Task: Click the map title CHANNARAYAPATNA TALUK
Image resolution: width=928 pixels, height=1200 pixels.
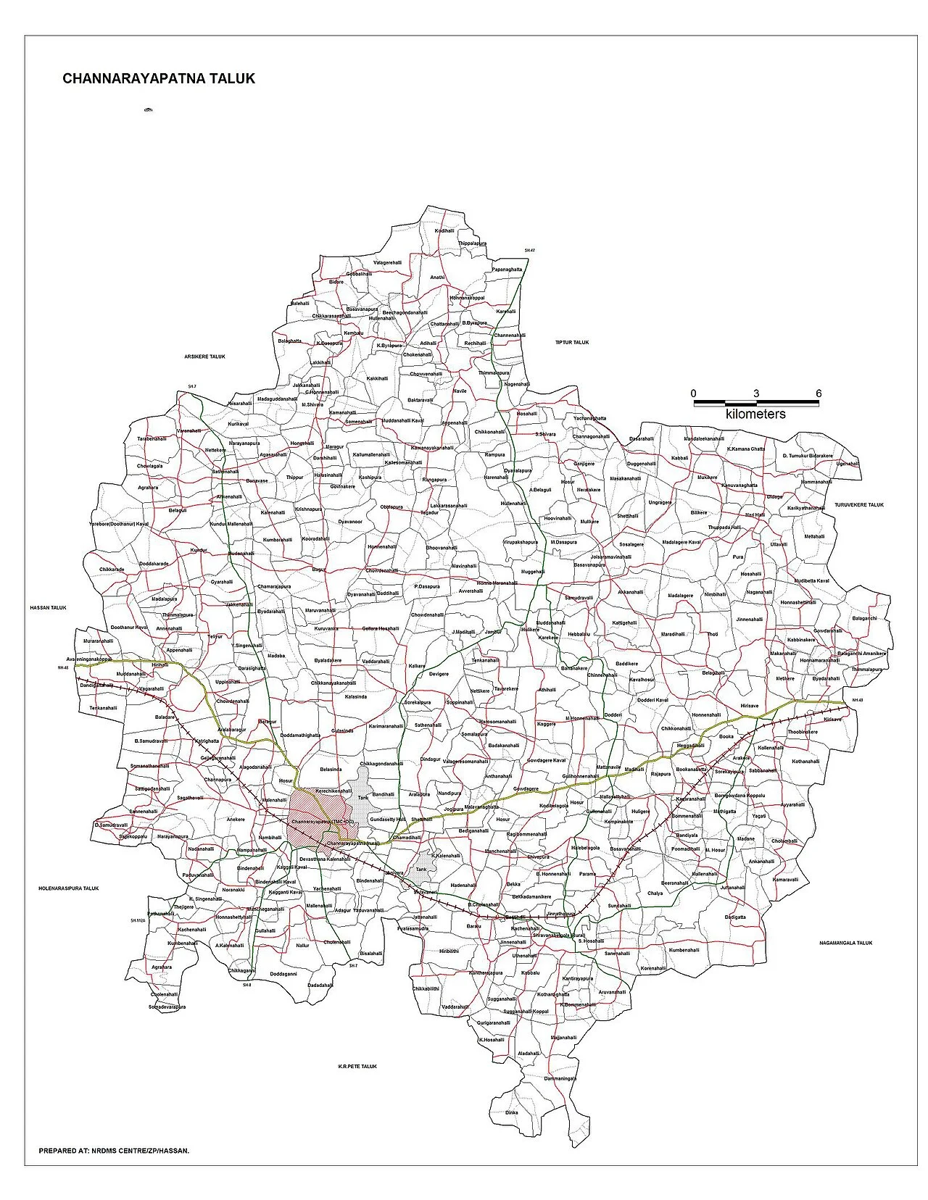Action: click(159, 78)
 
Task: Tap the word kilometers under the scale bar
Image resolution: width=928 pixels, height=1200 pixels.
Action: click(755, 414)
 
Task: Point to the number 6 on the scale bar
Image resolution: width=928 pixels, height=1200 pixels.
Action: click(819, 393)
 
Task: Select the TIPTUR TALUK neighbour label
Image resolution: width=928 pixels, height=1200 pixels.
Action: click(572, 342)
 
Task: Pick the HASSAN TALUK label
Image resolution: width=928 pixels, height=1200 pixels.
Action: click(48, 608)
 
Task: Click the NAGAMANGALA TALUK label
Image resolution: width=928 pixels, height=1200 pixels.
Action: click(845, 943)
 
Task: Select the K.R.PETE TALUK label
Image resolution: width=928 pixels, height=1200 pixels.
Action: click(357, 1066)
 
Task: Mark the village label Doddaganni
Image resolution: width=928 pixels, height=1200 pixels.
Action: click(283, 974)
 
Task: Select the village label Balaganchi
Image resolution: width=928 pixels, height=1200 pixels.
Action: click(864, 618)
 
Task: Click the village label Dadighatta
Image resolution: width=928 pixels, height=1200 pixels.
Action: click(734, 917)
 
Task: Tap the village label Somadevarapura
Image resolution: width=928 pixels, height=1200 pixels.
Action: click(167, 1007)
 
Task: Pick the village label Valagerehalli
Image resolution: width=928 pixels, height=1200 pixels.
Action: click(386, 262)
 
